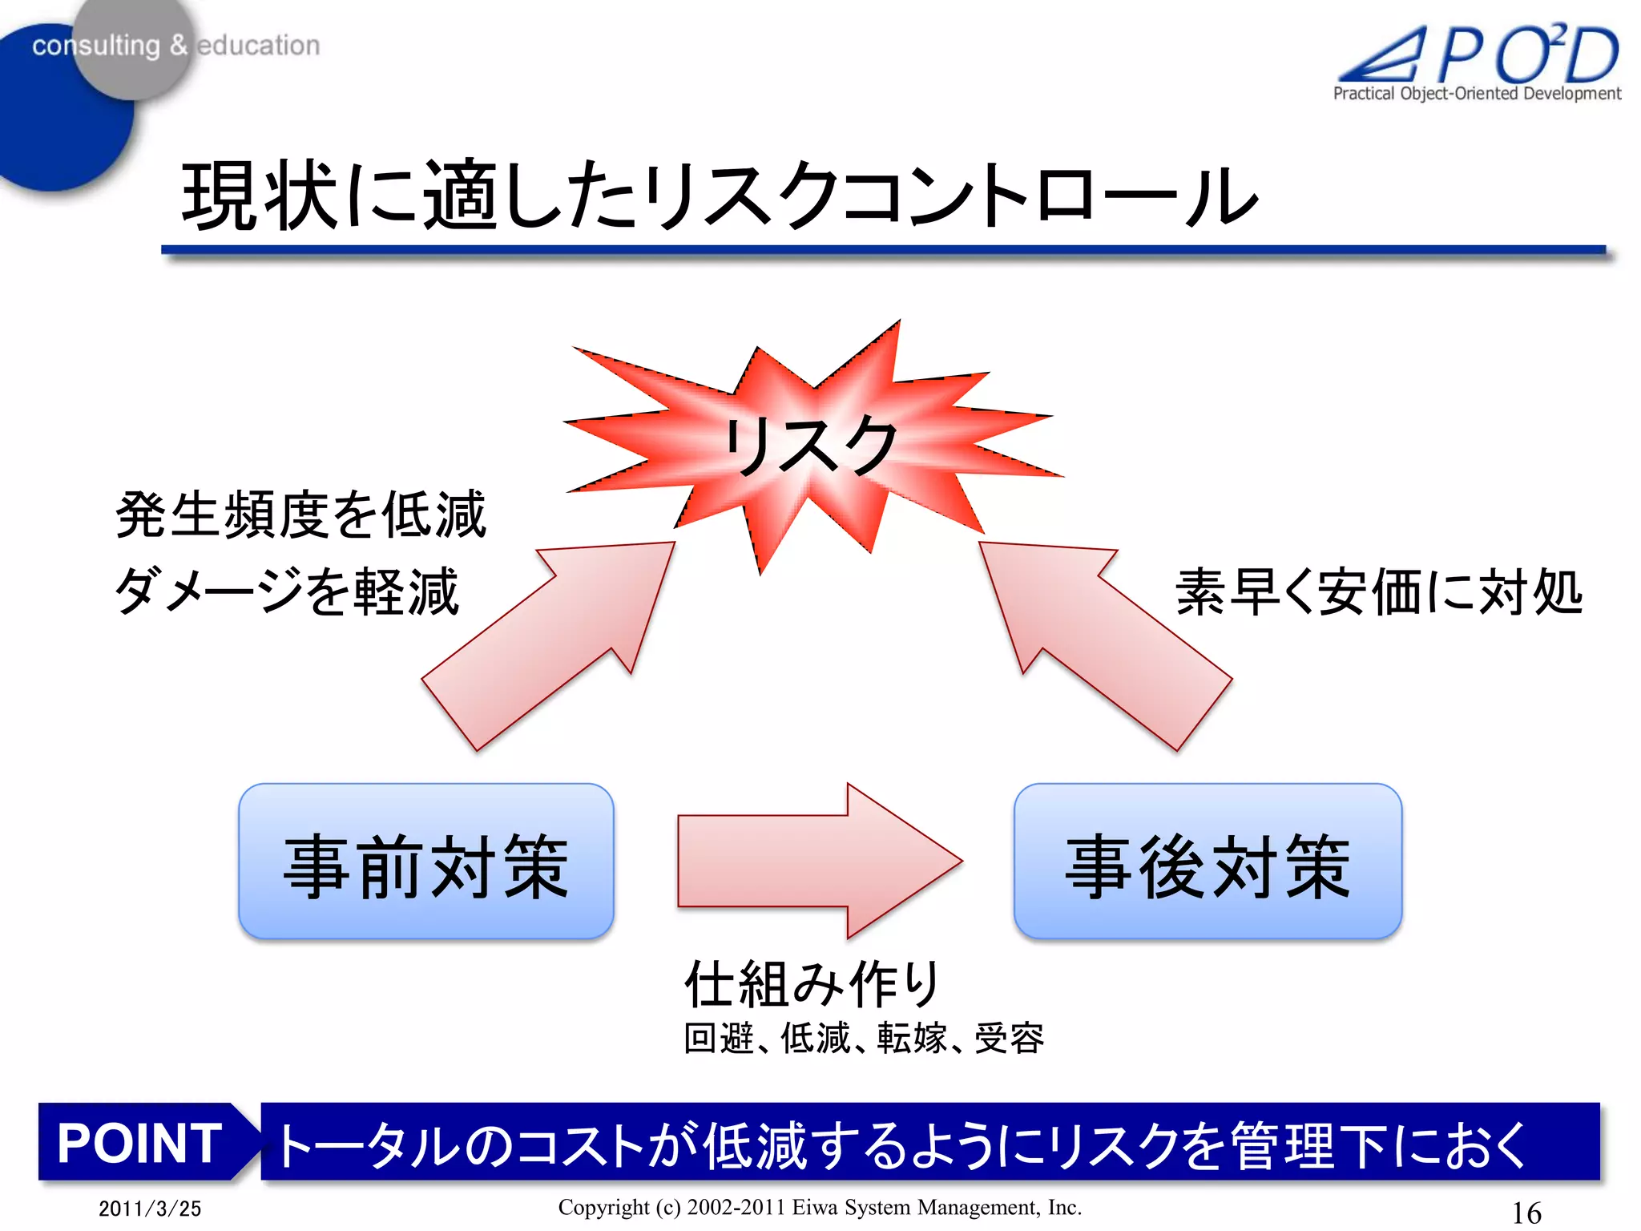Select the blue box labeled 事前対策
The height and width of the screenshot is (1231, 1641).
point(425,862)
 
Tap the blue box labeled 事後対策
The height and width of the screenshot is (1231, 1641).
point(1208,862)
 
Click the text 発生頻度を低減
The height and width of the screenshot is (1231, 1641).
point(300,515)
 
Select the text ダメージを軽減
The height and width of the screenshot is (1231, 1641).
point(287,591)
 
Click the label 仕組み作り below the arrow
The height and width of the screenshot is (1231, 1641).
point(811,983)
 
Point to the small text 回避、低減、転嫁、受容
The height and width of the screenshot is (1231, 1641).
point(863,1039)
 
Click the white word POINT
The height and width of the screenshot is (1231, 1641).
point(139,1142)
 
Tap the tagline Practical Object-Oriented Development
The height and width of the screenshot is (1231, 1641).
point(1476,94)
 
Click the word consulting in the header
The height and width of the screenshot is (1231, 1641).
point(96,46)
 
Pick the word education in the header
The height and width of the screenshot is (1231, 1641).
point(258,46)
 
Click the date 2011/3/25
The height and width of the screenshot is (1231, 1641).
point(150,1209)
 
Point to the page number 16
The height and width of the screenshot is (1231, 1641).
point(1526,1212)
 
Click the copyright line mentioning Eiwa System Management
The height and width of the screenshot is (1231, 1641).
point(819,1207)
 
